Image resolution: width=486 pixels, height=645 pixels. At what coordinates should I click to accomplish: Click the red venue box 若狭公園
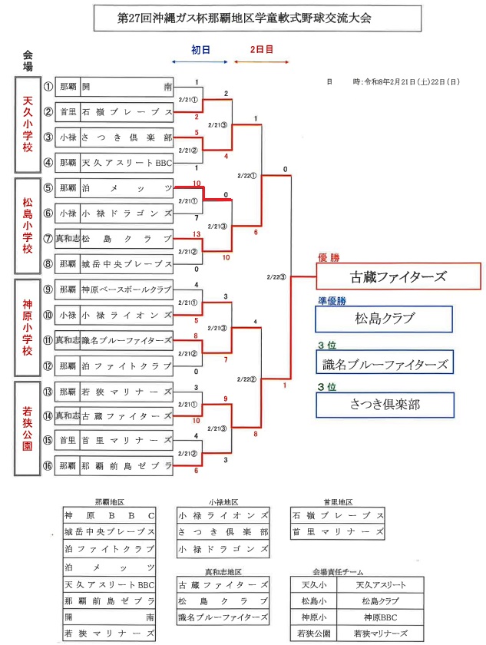[28, 427]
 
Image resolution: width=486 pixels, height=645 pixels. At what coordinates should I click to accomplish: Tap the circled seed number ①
[48, 87]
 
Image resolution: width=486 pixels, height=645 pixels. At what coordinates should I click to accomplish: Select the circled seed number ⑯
[48, 465]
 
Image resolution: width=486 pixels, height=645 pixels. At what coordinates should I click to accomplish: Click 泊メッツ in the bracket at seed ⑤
[127, 188]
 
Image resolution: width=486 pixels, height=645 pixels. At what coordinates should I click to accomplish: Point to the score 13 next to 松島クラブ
[197, 233]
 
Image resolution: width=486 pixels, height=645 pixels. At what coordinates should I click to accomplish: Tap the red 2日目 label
[262, 49]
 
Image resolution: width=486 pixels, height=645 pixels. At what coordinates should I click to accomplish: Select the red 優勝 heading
[329, 258]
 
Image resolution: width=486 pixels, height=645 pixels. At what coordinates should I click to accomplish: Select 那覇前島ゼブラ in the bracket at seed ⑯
[127, 465]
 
